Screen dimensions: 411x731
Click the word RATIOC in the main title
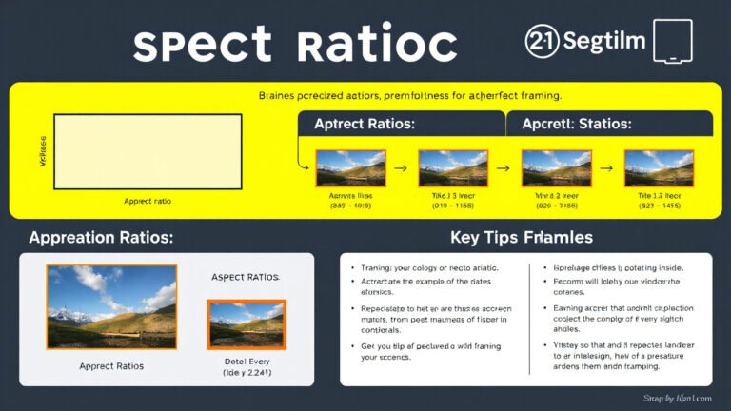pos(377,47)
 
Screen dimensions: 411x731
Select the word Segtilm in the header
pos(605,42)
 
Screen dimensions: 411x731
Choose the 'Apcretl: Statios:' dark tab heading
pos(577,125)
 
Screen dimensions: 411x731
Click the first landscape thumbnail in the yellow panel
pos(350,167)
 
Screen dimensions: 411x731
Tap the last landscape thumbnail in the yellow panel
pos(659,167)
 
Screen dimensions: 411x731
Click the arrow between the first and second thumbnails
pos(401,168)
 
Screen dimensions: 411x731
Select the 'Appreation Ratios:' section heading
pos(101,237)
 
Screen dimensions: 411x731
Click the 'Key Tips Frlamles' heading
pos(522,237)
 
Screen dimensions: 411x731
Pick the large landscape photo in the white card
pos(111,305)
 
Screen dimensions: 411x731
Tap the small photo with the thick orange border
pos(247,324)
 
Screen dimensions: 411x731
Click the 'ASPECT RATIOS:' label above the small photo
pos(245,277)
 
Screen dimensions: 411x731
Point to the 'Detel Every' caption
pos(246,362)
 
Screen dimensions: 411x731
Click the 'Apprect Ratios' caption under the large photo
pos(111,364)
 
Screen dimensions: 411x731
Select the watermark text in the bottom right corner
pos(678,398)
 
